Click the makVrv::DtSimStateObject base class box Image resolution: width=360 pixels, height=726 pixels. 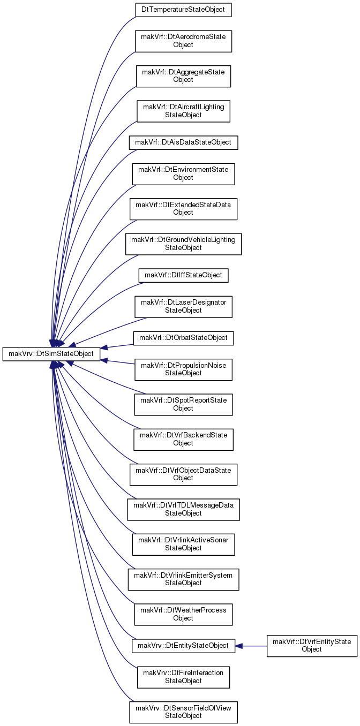pyautogui.click(x=51, y=353)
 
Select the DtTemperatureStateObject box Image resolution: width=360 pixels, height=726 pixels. pyautogui.click(x=183, y=10)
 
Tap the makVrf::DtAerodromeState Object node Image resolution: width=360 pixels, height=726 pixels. pyautogui.click(x=183, y=41)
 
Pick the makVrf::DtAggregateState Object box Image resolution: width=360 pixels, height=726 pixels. pyautogui.click(x=183, y=76)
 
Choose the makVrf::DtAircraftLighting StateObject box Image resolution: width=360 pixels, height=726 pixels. pyautogui.click(x=183, y=111)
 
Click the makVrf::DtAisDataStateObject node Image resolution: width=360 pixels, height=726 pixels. pyautogui.click(x=183, y=142)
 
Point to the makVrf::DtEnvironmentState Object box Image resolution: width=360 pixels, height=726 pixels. pyautogui.click(x=183, y=174)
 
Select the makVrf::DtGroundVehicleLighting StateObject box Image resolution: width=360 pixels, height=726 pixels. pyautogui.click(x=183, y=244)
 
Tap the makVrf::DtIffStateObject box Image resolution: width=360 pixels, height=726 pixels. pyautogui.click(x=183, y=275)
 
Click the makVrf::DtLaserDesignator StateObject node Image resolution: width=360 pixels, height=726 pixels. pyautogui.click(x=183, y=307)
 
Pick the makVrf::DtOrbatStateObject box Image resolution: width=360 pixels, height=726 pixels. pyautogui.click(x=183, y=338)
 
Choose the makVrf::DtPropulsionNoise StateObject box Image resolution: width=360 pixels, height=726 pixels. pyautogui.click(x=183, y=369)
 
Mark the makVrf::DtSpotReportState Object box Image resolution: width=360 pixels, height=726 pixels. pyautogui.click(x=183, y=404)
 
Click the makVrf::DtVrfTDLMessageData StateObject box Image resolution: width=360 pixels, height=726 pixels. pyautogui.click(x=183, y=510)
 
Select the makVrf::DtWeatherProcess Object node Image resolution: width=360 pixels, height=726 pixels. pyautogui.click(x=183, y=614)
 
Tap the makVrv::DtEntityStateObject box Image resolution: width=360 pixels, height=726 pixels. pyautogui.click(x=183, y=646)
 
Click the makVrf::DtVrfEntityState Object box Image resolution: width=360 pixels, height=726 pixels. pyautogui.click(x=312, y=646)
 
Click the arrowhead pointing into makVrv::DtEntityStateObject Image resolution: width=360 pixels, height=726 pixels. pyautogui.click(x=239, y=646)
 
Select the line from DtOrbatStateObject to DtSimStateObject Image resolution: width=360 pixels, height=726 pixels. pyautogui.click(x=117, y=346)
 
